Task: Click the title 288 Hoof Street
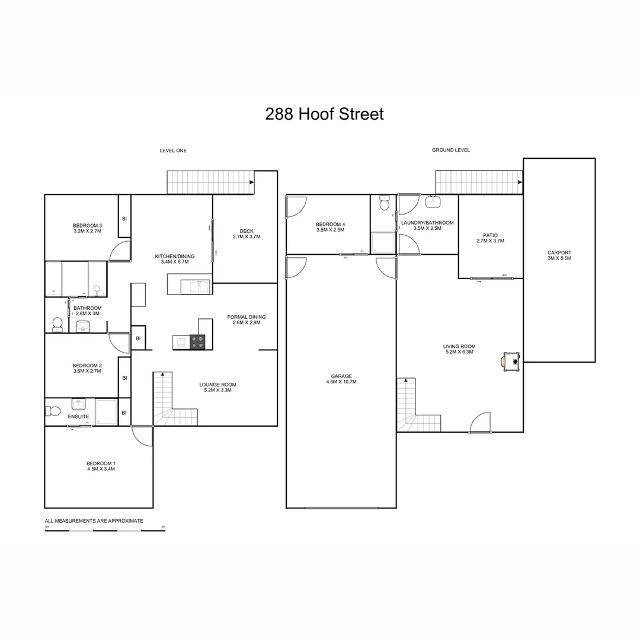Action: pos(324,114)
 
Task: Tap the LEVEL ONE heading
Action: pos(173,151)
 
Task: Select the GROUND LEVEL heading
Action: pos(450,150)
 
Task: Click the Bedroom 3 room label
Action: pos(88,225)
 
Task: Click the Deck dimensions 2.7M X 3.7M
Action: pos(247,236)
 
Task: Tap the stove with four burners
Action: pos(197,342)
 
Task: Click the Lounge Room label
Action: pos(217,385)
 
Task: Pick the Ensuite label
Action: pos(78,417)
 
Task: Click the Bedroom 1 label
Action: pos(101,463)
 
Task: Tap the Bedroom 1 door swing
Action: pos(142,436)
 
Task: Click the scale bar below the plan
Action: pos(105,529)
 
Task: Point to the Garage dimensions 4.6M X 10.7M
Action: pos(341,382)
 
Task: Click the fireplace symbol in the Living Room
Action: pos(511,360)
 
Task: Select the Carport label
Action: pos(559,252)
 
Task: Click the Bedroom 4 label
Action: pos(330,223)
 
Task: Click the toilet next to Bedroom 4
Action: pos(384,203)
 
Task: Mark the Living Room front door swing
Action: pos(480,423)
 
